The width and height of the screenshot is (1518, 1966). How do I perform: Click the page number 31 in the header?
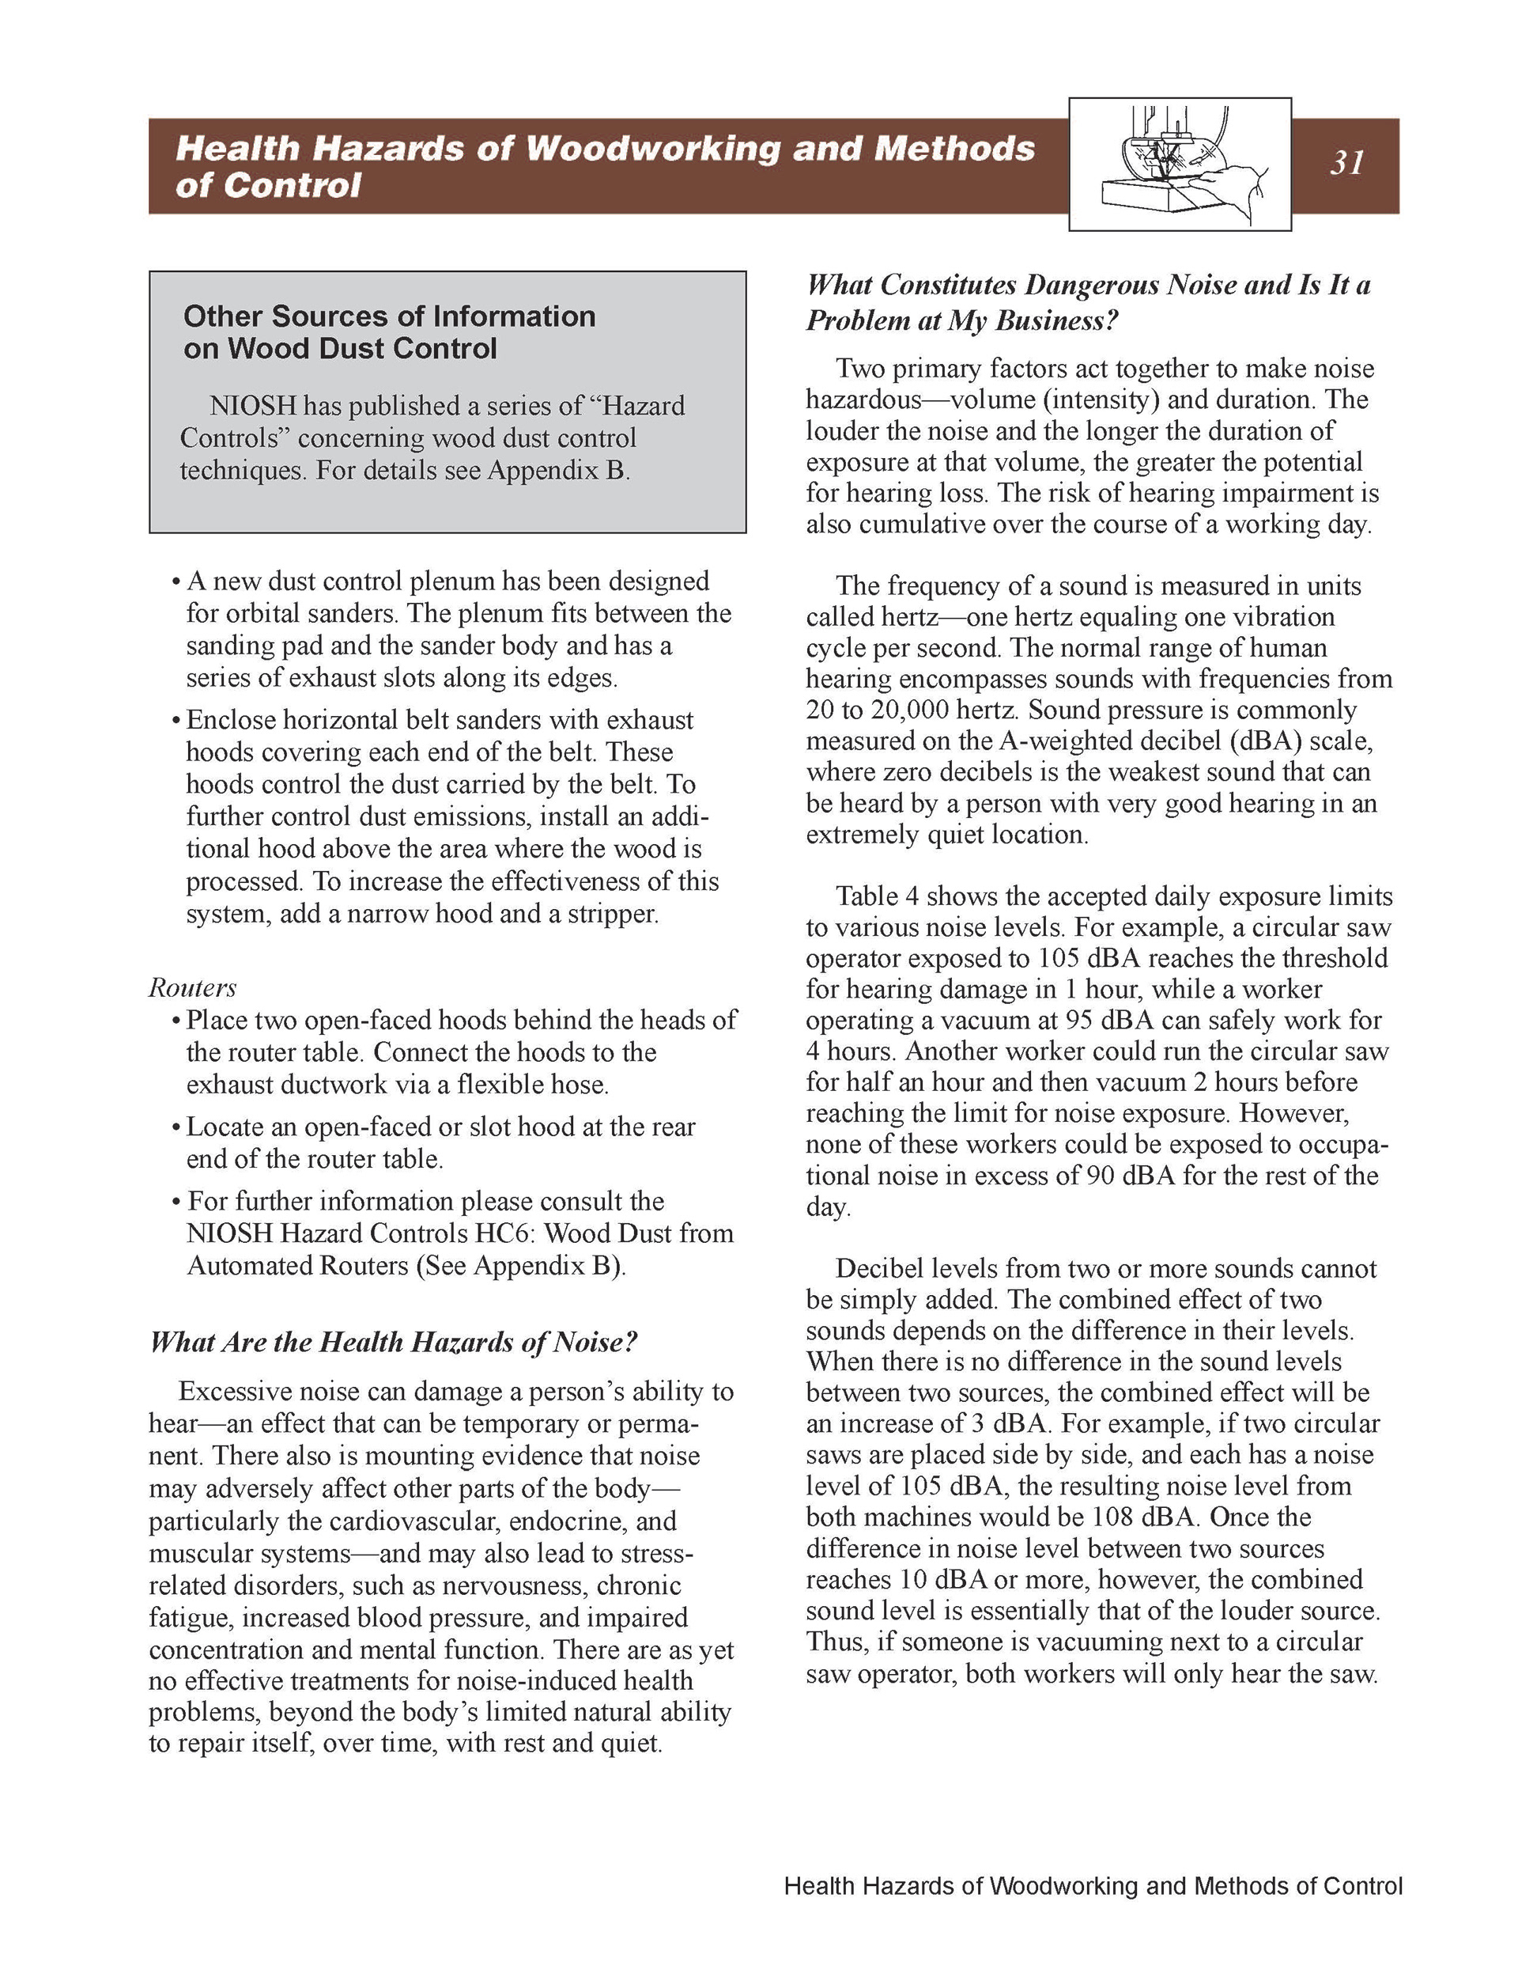(1347, 163)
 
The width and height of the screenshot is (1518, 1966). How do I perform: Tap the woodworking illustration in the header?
(1180, 165)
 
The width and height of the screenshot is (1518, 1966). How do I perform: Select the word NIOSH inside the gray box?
(253, 406)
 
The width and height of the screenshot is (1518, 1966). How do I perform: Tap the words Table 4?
(878, 896)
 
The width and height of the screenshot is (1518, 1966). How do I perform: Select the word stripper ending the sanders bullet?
(612, 914)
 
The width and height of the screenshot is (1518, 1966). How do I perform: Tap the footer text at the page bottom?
(1093, 1886)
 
